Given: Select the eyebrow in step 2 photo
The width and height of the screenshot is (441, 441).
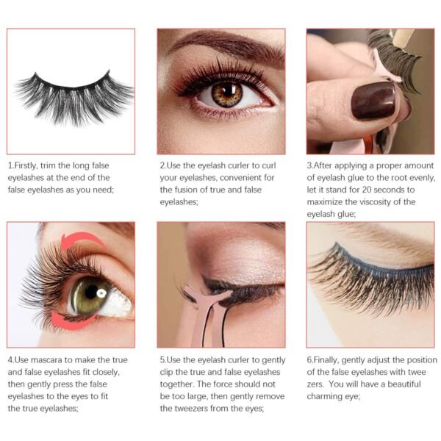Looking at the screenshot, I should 220,46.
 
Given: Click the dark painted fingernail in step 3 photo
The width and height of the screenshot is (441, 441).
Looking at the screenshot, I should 373,101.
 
